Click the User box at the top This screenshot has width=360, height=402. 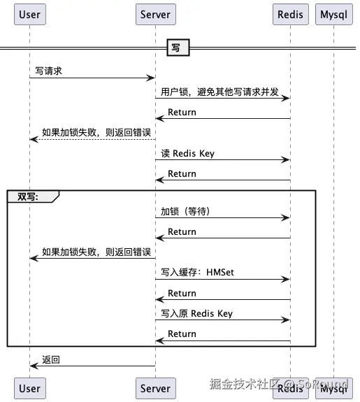pos(29,14)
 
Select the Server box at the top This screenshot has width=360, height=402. pos(154,14)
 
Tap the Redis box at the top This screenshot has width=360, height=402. pos(289,14)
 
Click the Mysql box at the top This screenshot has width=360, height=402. pos(333,14)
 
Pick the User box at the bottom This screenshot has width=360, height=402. pos(29,388)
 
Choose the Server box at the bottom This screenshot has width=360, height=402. pos(154,388)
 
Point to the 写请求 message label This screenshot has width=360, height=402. pos(50,71)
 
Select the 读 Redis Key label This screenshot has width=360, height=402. pos(187,153)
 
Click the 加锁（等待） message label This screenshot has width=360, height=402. pos(185,211)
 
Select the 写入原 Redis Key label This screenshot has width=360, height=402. pos(196,313)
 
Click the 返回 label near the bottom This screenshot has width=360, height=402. pos(51,359)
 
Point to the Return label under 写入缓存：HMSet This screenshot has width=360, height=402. pos(182,293)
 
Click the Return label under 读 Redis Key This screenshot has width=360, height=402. pos(182,173)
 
